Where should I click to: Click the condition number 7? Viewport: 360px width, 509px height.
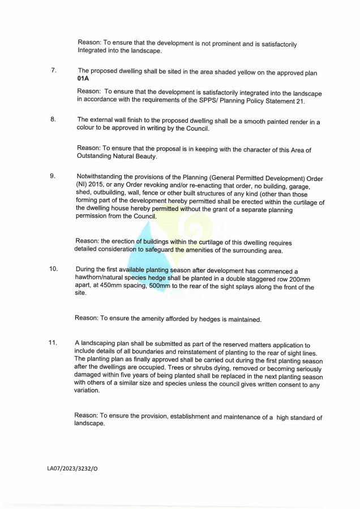(53, 71)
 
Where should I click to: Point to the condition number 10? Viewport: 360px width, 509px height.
(53, 269)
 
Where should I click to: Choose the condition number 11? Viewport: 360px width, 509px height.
(53, 343)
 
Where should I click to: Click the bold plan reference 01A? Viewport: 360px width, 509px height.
(83, 79)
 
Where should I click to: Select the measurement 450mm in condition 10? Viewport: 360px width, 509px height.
(117, 288)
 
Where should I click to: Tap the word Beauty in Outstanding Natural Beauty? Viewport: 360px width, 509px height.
(144, 157)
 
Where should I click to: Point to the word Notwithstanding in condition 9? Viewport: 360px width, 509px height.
(102, 176)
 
